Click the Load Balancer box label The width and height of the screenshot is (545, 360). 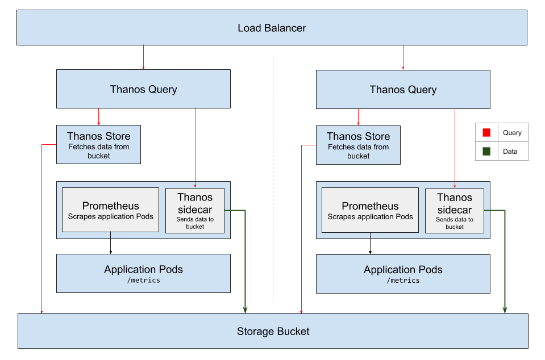[272, 28]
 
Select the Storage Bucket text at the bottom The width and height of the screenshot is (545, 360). [273, 331]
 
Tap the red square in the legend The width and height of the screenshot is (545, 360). [486, 133]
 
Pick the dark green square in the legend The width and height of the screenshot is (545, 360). [486, 152]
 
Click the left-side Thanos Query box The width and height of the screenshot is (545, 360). [143, 89]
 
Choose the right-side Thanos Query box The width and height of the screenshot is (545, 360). [403, 89]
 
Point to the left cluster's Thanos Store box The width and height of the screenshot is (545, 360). [98, 145]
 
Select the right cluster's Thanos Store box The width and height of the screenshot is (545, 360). [358, 145]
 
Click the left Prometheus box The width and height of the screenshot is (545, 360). [110, 210]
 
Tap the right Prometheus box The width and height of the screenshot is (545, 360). [370, 210]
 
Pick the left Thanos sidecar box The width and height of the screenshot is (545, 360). [195, 211]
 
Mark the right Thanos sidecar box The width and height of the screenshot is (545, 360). [455, 211]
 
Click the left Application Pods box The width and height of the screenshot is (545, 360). [143, 273]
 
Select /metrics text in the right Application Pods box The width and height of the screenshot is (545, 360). [403, 281]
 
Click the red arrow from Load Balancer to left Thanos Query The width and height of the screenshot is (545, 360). [143, 57]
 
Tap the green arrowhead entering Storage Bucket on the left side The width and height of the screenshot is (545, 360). [246, 309]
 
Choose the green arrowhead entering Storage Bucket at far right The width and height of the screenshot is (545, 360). [505, 309]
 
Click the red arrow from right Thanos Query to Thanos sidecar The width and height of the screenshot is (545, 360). [455, 148]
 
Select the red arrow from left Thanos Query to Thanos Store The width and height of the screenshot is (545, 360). [99, 116]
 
